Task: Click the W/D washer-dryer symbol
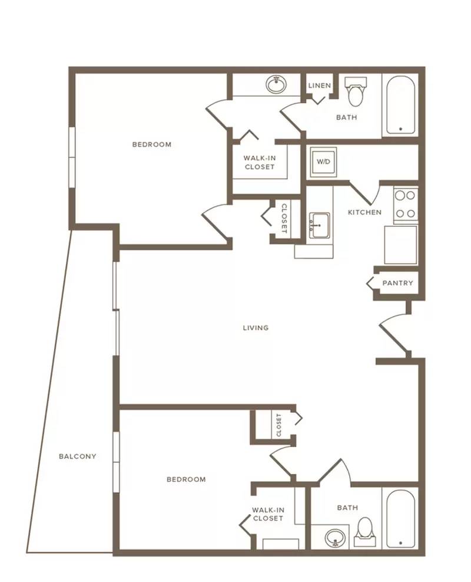click(x=323, y=162)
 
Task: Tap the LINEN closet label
click(x=320, y=86)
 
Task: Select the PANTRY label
click(x=397, y=283)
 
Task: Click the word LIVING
click(x=256, y=328)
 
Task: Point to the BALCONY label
click(x=78, y=456)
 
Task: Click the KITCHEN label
click(x=364, y=212)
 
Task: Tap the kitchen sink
click(x=320, y=226)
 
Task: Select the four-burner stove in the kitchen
click(x=406, y=205)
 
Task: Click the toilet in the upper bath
click(x=356, y=91)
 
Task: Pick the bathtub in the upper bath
click(x=400, y=105)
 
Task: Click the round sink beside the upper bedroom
click(x=276, y=85)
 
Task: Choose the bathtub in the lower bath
click(x=400, y=518)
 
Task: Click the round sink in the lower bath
click(x=336, y=538)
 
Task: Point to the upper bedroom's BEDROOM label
click(x=152, y=144)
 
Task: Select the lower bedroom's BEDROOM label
click(x=186, y=479)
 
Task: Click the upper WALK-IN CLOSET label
click(x=260, y=163)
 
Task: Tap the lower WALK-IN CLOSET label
click(x=268, y=514)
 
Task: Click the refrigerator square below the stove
click(x=400, y=245)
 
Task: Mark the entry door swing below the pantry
click(x=393, y=333)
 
